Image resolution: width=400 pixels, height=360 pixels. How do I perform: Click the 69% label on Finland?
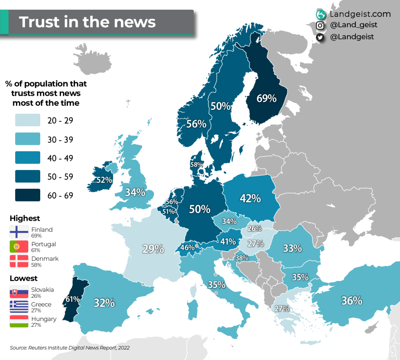point(266,98)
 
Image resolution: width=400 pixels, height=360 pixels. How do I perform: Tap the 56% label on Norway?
point(196,124)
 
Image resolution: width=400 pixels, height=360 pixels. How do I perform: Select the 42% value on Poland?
point(250,198)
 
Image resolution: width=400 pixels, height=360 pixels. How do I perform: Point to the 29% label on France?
point(153,249)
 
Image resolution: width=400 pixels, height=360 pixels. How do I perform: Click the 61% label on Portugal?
point(73,299)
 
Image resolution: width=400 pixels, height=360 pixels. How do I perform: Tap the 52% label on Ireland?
point(104,180)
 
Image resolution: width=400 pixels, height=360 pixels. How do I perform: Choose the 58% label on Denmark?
point(196,165)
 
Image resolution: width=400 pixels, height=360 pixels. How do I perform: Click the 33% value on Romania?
point(293,248)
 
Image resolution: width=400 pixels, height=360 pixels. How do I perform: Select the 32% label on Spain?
point(104,303)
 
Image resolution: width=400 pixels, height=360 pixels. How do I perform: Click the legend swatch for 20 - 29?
point(28,120)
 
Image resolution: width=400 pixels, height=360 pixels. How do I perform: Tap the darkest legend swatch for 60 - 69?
point(28,195)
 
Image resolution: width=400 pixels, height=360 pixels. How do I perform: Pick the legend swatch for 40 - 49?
point(28,158)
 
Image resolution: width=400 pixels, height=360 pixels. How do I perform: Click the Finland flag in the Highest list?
point(19,232)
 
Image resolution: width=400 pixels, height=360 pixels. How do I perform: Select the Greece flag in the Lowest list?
point(19,307)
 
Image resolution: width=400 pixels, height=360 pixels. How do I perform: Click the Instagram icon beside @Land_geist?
point(320,25)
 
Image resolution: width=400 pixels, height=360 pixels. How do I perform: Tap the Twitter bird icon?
point(320,37)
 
